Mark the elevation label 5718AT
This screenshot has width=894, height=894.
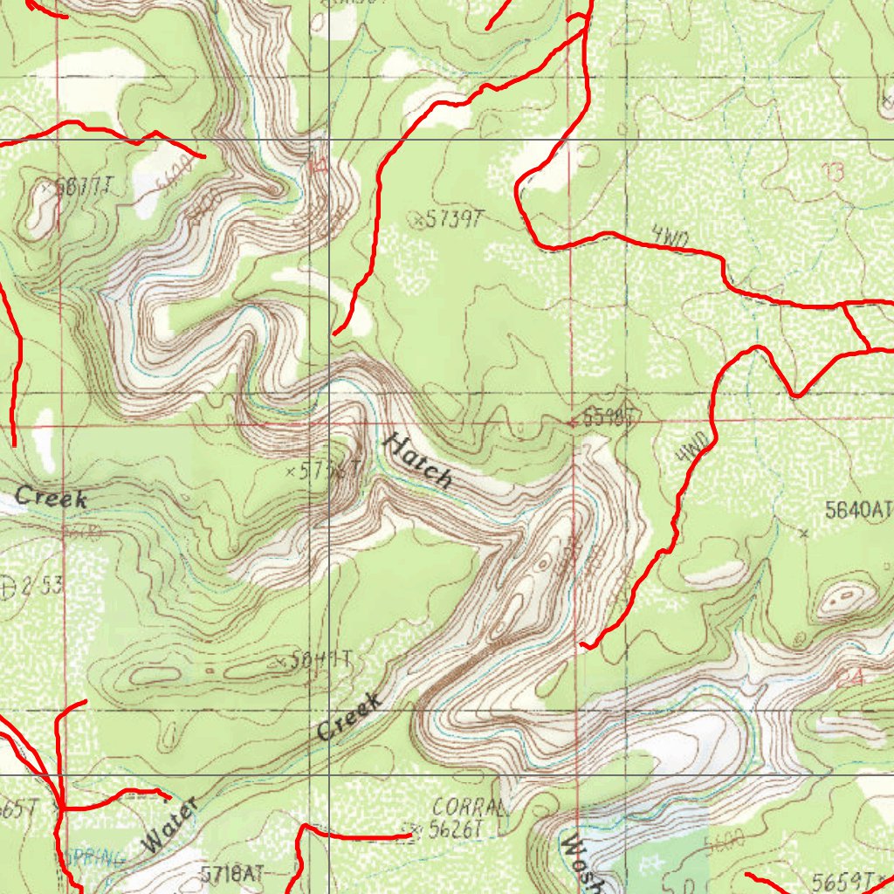pos(231,873)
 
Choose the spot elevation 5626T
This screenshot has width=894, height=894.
pos(456,830)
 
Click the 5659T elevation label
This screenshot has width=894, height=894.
pos(843,879)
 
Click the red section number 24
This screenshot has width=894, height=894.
pos(844,678)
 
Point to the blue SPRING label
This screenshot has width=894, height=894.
pos(90,856)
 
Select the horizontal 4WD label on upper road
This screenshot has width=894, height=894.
pos(670,237)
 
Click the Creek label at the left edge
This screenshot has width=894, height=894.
pos(52,498)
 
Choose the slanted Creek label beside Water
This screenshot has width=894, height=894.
pos(350,718)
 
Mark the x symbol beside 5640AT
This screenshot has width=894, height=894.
pos(803,532)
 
